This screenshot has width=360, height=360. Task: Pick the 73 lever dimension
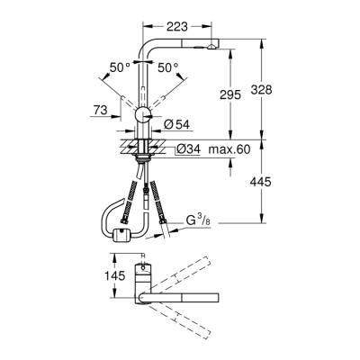(100, 109)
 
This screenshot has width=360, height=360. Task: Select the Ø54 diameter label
(175, 122)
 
